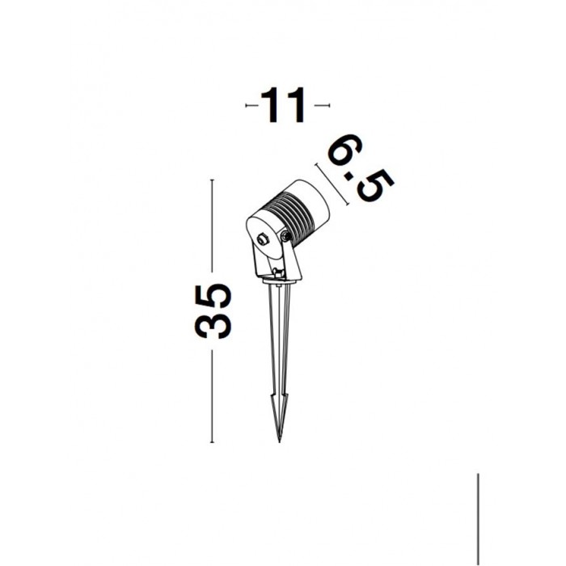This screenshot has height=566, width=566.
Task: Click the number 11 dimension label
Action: pos(284,105)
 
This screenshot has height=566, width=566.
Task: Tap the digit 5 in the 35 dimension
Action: pos(213,294)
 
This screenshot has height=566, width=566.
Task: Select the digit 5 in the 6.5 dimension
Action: pos(375,186)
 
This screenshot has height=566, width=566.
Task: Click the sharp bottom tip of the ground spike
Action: pos(279,441)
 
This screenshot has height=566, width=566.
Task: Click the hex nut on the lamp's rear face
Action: pos(261,239)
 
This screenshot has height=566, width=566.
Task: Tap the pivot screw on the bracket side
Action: pos(286,236)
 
